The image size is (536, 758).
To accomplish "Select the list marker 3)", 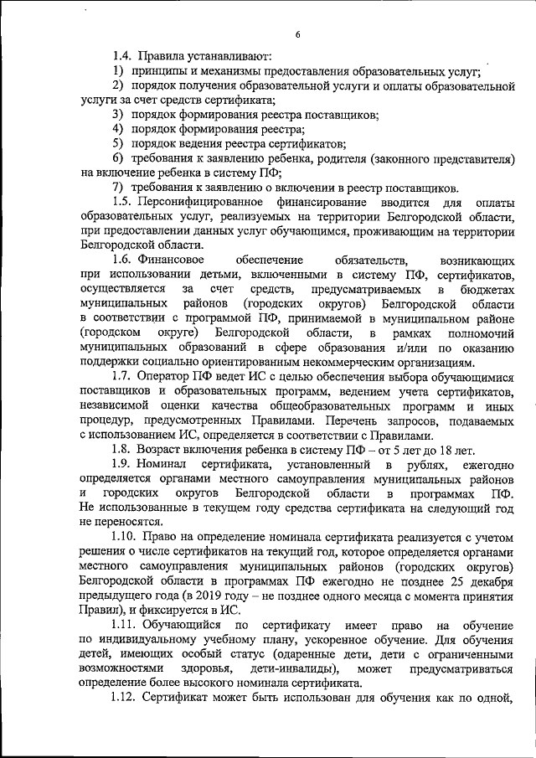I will click(x=119, y=115).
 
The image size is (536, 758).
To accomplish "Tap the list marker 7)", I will click(x=119, y=188).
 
